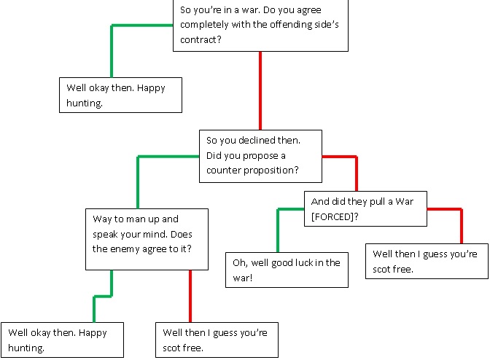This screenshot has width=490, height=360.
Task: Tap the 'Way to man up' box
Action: (x=146, y=233)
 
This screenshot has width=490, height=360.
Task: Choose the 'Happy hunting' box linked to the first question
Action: (x=120, y=95)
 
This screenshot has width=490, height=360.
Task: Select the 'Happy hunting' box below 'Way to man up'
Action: (x=63, y=340)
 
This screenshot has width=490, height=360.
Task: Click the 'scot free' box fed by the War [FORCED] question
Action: (x=427, y=261)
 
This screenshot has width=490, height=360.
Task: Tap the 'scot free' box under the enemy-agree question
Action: (x=217, y=340)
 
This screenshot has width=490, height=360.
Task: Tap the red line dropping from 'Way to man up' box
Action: (x=190, y=295)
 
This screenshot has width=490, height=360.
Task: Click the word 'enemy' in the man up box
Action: (x=126, y=248)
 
